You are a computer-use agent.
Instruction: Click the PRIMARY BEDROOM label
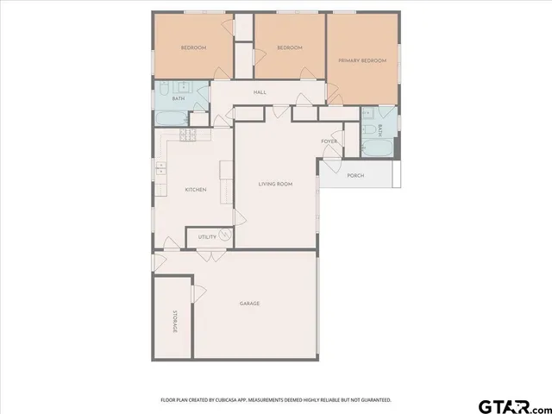point(361,60)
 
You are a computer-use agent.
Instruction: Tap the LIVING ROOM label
point(276,184)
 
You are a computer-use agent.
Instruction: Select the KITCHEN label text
point(195,190)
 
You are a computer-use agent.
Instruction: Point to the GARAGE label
point(249,304)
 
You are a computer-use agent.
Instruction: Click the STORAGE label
point(174,321)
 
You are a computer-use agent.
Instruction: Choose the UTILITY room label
point(207,237)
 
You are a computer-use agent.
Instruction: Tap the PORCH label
point(355,176)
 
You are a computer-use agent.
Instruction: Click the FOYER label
point(329,141)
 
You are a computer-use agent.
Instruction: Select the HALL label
point(259,92)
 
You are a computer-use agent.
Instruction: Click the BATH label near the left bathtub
point(179,98)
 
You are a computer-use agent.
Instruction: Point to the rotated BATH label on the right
point(379,130)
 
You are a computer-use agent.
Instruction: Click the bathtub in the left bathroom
point(170,116)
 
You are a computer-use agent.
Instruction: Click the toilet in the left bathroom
point(164,89)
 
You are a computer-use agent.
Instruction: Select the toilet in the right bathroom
point(367,130)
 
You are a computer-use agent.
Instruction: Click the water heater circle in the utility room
point(225,233)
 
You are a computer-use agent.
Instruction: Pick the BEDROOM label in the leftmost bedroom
point(193,47)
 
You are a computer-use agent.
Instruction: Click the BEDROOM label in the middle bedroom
point(289,47)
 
